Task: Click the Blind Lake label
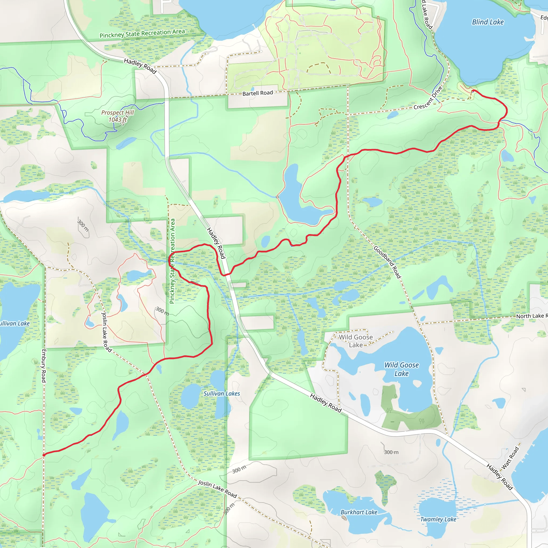[488, 22]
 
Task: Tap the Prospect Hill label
[117, 113]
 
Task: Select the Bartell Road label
[258, 93]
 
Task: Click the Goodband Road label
[387, 262]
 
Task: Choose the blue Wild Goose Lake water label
[401, 369]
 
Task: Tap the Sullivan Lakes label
[222, 394]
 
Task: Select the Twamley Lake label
[438, 519]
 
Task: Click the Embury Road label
[44, 366]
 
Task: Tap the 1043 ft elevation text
[117, 120]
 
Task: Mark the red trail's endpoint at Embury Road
[44, 455]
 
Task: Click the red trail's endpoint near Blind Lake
[473, 90]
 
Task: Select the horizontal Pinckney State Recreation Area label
[142, 33]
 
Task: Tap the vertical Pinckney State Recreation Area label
[172, 261]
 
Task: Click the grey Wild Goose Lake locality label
[356, 341]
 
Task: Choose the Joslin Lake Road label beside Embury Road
[107, 332]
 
